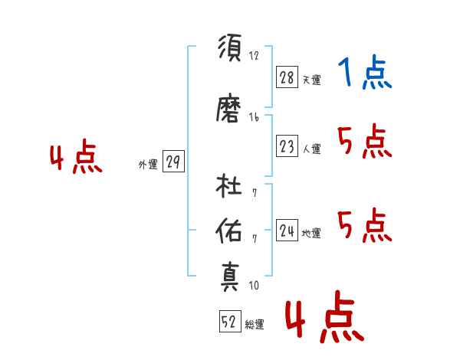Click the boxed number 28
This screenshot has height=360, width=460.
click(x=287, y=78)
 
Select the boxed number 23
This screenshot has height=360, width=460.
click(x=287, y=147)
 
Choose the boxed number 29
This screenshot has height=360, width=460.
click(x=173, y=162)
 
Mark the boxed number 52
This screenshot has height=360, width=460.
click(x=228, y=322)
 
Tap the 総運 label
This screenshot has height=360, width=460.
click(x=255, y=325)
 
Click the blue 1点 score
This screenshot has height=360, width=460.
click(x=365, y=74)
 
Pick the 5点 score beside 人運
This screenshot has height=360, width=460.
click(x=365, y=141)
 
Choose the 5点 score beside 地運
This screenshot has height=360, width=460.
click(x=365, y=225)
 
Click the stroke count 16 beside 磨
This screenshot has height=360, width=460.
click(x=254, y=117)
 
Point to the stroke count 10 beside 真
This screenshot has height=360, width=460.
click(x=253, y=286)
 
